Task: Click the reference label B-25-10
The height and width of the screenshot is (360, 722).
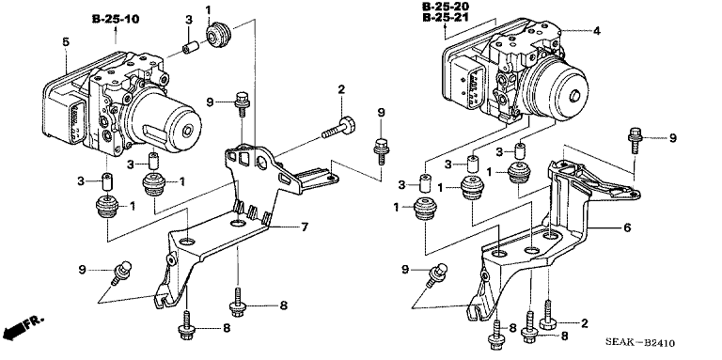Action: [116, 19]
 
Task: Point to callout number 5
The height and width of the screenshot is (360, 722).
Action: [65, 41]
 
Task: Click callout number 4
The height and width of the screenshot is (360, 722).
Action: [595, 31]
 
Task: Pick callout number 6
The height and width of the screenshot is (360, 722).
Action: [598, 227]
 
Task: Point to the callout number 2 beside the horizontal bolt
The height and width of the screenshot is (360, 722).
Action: [341, 89]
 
